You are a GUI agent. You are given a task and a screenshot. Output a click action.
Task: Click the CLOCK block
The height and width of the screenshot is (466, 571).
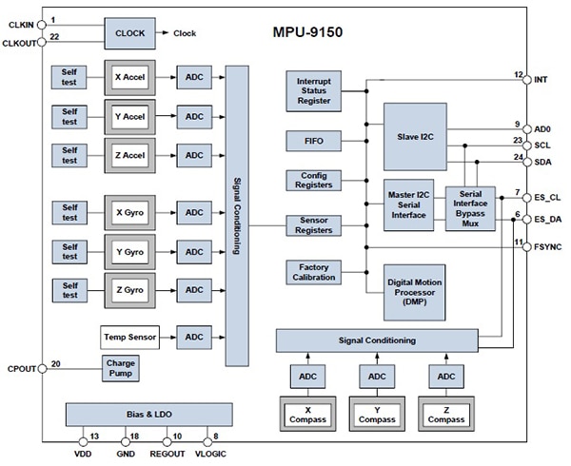(129, 33)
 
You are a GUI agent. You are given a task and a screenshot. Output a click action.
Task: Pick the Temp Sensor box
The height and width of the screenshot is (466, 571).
(128, 337)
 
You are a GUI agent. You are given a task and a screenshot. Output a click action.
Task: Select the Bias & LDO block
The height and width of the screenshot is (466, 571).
(148, 414)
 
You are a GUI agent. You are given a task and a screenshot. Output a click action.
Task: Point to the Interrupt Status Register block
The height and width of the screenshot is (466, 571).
(313, 90)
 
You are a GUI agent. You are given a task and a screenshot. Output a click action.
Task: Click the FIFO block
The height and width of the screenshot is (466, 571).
(313, 141)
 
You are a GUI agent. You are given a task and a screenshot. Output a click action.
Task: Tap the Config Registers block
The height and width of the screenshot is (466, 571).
(313, 181)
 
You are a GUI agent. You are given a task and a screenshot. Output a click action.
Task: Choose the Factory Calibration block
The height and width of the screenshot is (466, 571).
(313, 271)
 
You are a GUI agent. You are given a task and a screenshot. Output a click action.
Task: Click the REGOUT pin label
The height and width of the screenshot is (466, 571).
(167, 455)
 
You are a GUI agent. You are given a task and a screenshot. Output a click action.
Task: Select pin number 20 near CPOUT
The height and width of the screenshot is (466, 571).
(56, 363)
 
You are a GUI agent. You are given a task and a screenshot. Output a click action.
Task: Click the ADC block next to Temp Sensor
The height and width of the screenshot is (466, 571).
(194, 337)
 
